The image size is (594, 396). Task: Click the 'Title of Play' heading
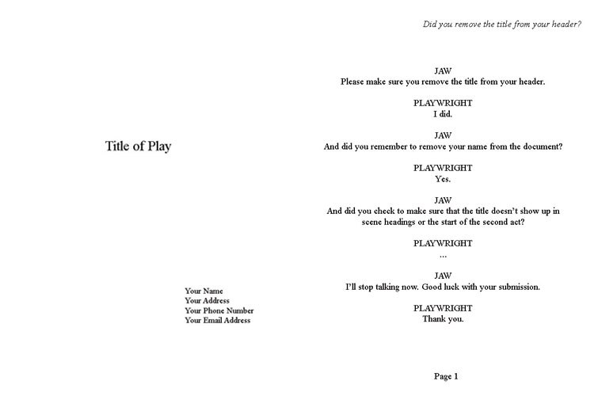pyautogui.click(x=139, y=147)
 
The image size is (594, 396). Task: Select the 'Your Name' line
pyautogui.click(x=204, y=291)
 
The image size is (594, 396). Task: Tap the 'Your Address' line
pyautogui.click(x=208, y=300)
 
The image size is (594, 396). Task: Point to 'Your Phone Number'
pyautogui.click(x=219, y=310)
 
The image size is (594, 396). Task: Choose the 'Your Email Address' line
pyautogui.click(x=218, y=320)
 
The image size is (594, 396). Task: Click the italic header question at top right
pyautogui.click(x=502, y=25)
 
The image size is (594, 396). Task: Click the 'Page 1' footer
pyautogui.click(x=446, y=376)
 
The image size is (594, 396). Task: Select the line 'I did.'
pyautogui.click(x=443, y=114)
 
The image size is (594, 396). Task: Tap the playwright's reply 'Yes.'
pyautogui.click(x=443, y=179)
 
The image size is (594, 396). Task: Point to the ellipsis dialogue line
pyautogui.click(x=443, y=256)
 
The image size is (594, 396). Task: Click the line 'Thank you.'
pyautogui.click(x=443, y=319)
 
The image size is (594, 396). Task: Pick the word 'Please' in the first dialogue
pyautogui.click(x=352, y=82)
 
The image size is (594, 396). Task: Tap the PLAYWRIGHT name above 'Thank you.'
pyautogui.click(x=443, y=308)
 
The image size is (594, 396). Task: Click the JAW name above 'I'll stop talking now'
pyautogui.click(x=443, y=276)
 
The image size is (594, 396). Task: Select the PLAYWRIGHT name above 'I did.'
pyautogui.click(x=443, y=103)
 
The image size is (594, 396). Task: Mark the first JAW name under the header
pyautogui.click(x=443, y=70)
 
